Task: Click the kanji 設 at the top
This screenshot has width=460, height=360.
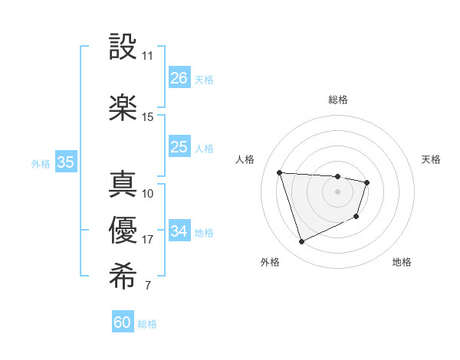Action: coord(123,47)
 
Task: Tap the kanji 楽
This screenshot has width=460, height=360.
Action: coord(123,108)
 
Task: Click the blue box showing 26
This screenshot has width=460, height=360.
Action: coord(179,78)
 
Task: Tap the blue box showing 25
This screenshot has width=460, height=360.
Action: coord(179,147)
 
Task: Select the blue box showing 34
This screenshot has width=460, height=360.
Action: coord(179,231)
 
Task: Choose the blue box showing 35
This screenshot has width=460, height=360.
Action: coord(65,162)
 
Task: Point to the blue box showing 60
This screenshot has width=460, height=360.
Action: coord(123,322)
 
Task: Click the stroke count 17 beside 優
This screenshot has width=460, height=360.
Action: coord(147,240)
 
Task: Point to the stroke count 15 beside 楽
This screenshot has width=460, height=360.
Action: coord(147,117)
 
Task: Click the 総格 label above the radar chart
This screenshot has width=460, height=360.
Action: coord(337,100)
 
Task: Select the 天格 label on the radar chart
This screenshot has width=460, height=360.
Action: coord(431,159)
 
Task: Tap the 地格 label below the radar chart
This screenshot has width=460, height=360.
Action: coord(402,262)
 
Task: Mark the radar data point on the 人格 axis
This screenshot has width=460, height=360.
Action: coord(280,172)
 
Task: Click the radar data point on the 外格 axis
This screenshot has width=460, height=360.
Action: coord(301,242)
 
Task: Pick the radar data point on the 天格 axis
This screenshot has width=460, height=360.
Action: coord(367,182)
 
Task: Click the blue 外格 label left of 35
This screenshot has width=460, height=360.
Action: coord(41,163)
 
